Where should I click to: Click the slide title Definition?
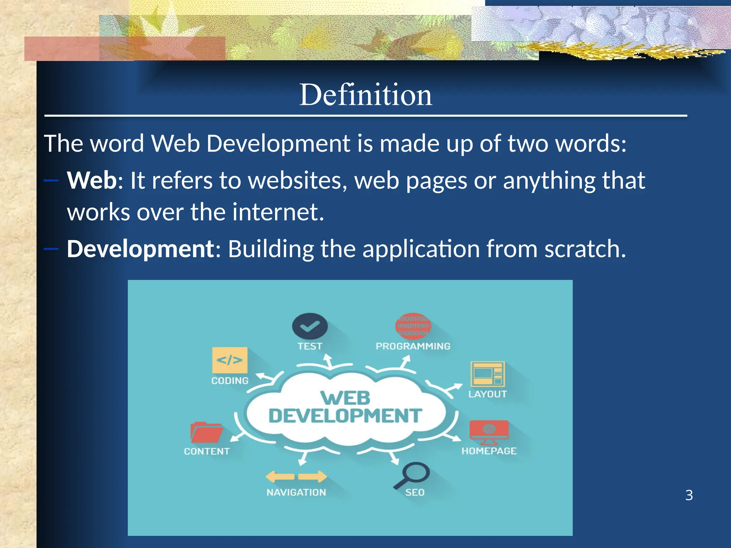point(365,95)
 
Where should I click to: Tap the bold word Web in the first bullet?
point(91,180)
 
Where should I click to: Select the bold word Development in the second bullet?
point(140,249)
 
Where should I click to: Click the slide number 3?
point(689,495)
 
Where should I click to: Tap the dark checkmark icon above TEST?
point(309,326)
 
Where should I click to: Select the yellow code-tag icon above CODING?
point(230,360)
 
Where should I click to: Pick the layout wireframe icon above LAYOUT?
point(488,374)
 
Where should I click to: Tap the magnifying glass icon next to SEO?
point(413,475)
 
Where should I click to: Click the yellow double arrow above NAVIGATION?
point(296,477)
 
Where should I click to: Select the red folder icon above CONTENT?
point(206,432)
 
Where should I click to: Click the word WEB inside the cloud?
point(346,398)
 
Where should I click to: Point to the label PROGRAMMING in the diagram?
point(413,346)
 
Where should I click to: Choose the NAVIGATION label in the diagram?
point(296,492)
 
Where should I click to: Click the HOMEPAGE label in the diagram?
point(489,451)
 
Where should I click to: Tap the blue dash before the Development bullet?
point(51,249)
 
